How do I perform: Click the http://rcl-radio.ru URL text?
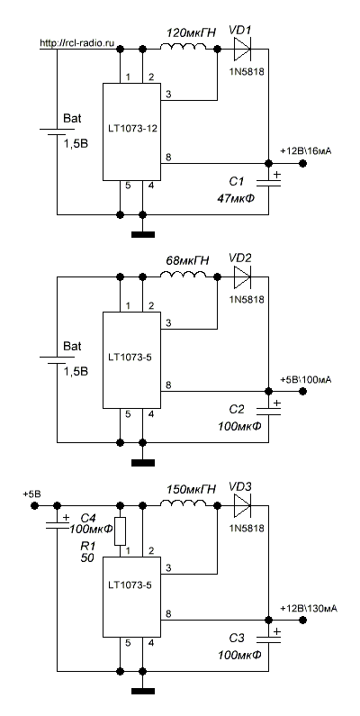[76, 43]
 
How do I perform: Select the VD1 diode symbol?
[242, 49]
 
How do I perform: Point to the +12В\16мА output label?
[306, 151]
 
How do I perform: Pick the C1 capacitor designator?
[237, 182]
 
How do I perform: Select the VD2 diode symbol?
[242, 277]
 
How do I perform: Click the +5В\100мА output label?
[306, 379]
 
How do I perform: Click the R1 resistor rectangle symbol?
[120, 531]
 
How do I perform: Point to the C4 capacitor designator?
[88, 519]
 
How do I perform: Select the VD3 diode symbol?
[242, 505]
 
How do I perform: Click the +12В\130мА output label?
[309, 608]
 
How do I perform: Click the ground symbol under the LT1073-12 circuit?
[143, 235]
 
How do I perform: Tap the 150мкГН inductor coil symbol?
[184, 503]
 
